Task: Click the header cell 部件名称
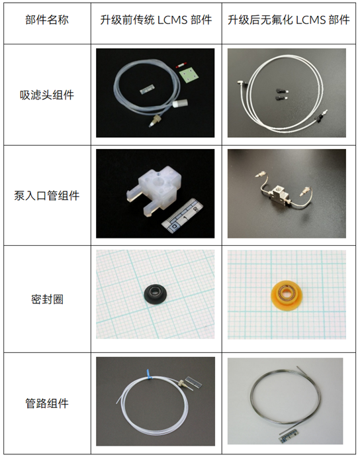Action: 47,20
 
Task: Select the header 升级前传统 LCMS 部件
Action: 156,20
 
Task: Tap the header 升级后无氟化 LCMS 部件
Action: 289,20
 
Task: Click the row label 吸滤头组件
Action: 47,95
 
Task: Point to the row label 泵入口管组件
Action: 47,195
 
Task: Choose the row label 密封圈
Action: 47,299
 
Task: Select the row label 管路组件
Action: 47,403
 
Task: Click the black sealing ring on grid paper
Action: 156,292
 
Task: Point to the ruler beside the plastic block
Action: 181,217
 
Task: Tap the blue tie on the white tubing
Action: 149,374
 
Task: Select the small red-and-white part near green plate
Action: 181,66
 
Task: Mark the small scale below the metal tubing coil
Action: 291,438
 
